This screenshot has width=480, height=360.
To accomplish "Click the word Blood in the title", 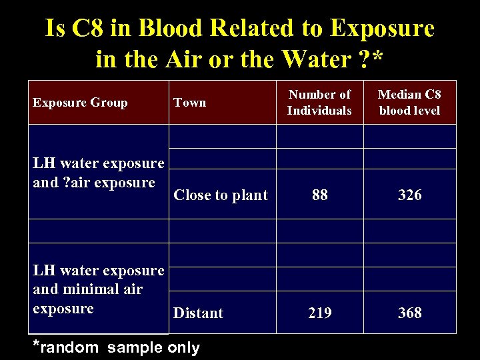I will pyautogui.click(x=172, y=29).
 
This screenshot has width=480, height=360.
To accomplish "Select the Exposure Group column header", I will pyautogui.click(x=80, y=103).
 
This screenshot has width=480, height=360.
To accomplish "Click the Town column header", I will pyautogui.click(x=190, y=103).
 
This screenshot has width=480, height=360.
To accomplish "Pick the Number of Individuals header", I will pyautogui.click(x=319, y=103).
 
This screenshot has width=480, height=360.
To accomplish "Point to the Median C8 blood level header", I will pyautogui.click(x=409, y=103).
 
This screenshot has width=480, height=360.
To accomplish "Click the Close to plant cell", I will pyautogui.click(x=221, y=195).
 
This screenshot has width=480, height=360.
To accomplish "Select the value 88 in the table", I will pyautogui.click(x=320, y=195).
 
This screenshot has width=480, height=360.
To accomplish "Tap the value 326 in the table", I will pyautogui.click(x=409, y=195).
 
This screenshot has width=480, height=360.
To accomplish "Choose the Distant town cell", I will pyautogui.click(x=198, y=313).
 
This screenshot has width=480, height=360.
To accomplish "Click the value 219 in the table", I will pyautogui.click(x=320, y=313).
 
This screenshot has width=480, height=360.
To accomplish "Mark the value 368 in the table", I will pyautogui.click(x=409, y=313).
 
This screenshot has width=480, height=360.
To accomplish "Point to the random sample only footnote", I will pyautogui.click(x=117, y=347).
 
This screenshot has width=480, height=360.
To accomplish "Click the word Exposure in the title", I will pyautogui.click(x=381, y=29).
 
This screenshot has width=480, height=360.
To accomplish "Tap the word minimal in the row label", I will pyautogui.click(x=102, y=289).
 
